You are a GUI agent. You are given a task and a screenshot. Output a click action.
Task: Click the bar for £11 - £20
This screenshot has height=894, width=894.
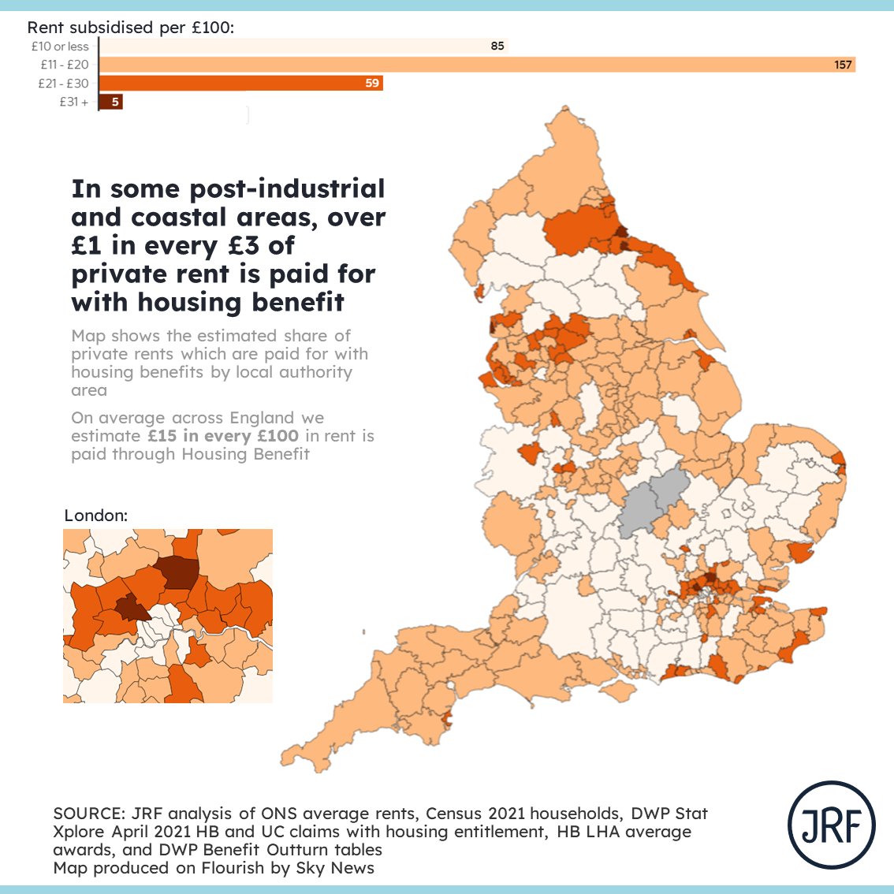473,65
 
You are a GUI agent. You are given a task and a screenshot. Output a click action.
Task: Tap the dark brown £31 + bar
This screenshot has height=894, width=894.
111,102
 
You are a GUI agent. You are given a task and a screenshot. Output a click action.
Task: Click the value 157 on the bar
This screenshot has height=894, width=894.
843,65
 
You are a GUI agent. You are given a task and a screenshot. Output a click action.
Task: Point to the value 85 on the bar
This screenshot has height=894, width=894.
497,47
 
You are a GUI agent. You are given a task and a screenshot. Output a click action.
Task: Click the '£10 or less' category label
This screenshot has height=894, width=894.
60,47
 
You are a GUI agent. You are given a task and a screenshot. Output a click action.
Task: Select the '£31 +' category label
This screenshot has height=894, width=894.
73,102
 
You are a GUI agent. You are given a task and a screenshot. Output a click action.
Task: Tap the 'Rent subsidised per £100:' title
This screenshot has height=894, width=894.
131,28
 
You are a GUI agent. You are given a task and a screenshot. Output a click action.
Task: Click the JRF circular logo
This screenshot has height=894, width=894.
831,825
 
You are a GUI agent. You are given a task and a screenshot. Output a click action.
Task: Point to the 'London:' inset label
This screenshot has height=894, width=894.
95,516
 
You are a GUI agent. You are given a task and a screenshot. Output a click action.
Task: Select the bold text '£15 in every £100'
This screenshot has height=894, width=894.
223,436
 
